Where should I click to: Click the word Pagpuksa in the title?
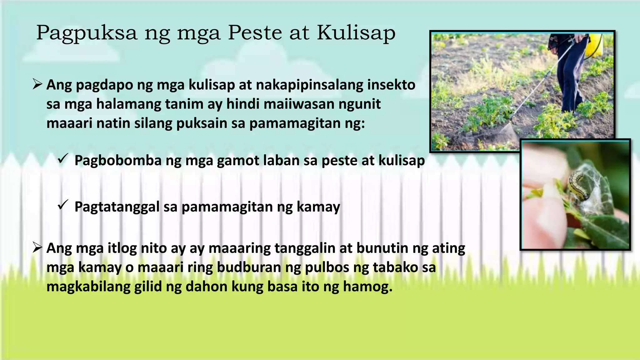pyautogui.click(x=87, y=33)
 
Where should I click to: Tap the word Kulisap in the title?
pyautogui.click(x=356, y=32)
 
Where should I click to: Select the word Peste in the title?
pyautogui.click(x=255, y=32)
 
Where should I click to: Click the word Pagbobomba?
pyautogui.click(x=118, y=161)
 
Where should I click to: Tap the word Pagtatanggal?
pyautogui.click(x=117, y=207)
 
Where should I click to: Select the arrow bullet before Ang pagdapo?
pyautogui.click(x=37, y=84)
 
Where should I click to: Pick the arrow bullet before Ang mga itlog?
pyautogui.click(x=37, y=248)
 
